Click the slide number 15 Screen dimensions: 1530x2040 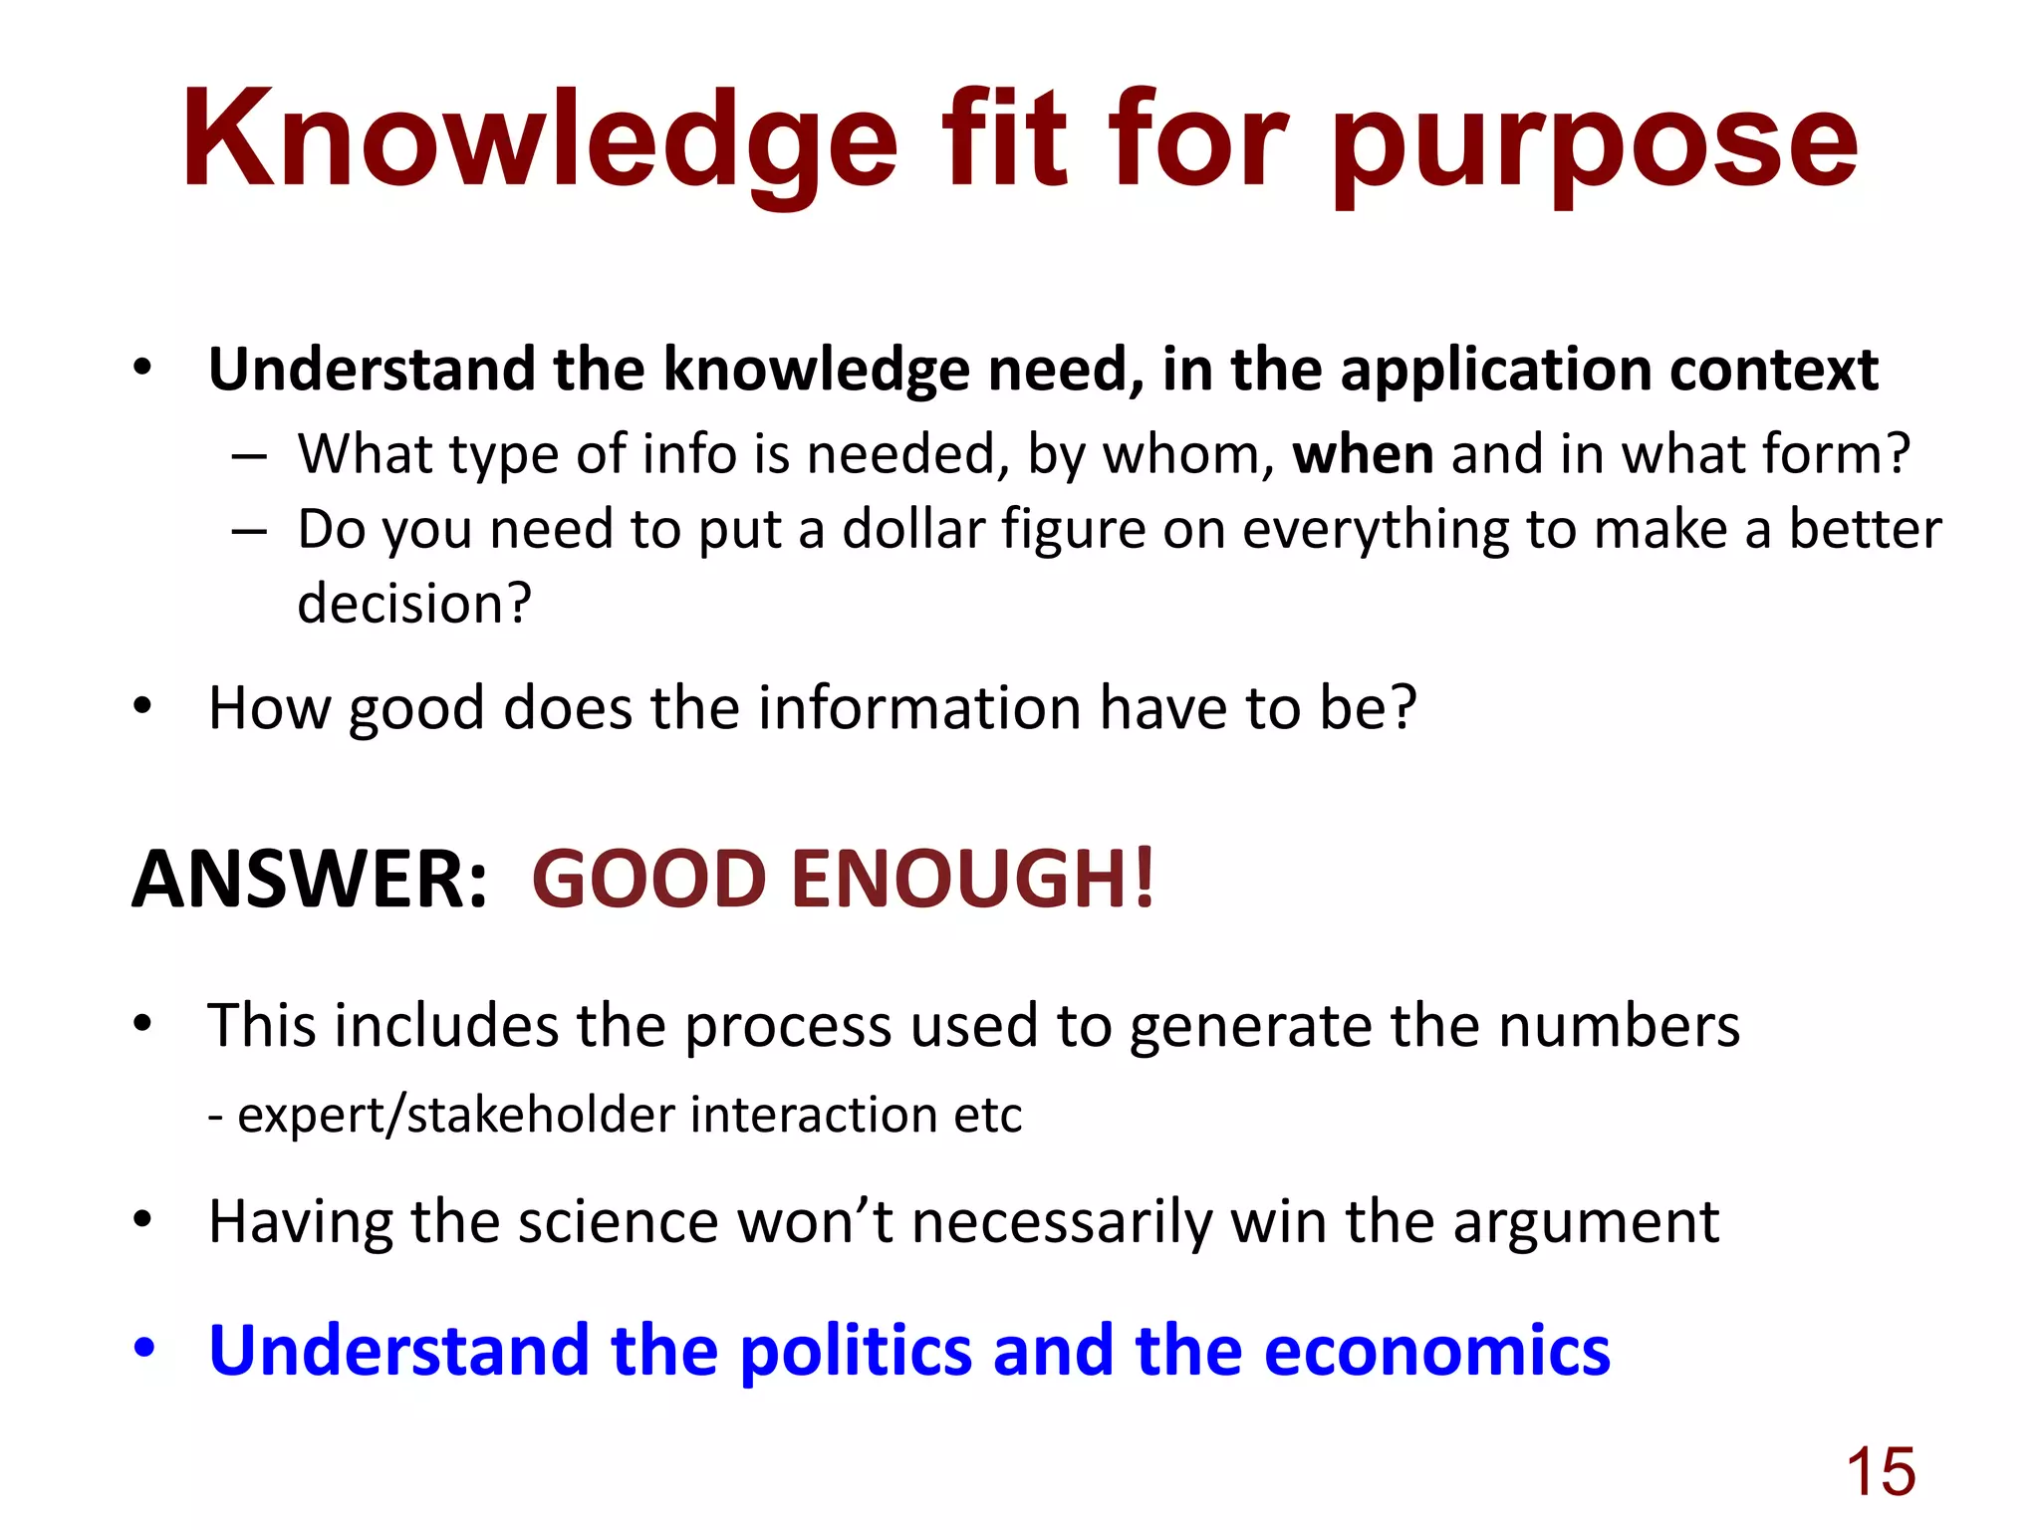click(x=1881, y=1471)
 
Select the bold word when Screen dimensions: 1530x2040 click(x=1363, y=454)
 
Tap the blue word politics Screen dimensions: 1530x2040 click(x=857, y=1352)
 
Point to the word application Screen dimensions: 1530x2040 click(x=1494, y=371)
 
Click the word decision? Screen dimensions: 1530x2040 click(x=414, y=604)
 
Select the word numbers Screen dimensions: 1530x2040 click(x=1619, y=1026)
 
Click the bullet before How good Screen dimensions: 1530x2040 click(x=143, y=706)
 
